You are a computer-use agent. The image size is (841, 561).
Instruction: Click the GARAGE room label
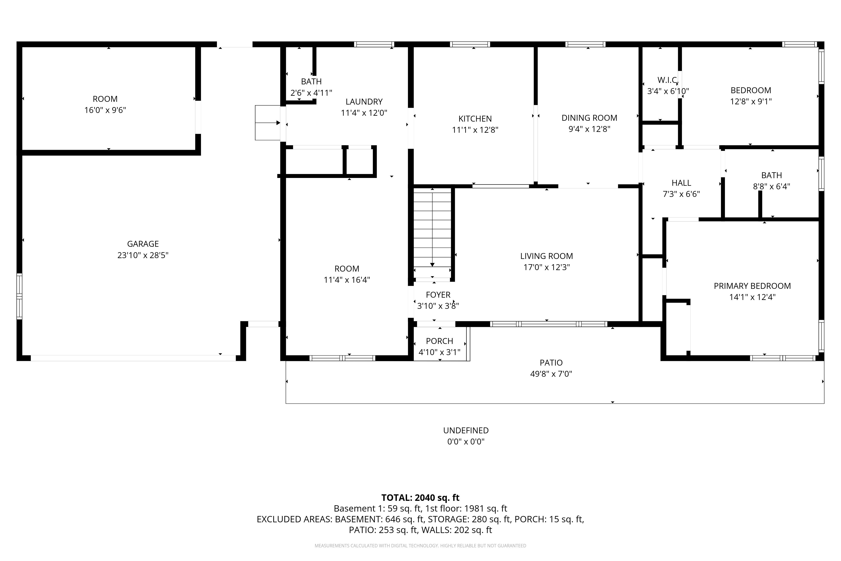tap(143, 244)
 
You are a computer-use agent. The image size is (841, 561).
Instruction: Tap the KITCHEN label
tap(475, 119)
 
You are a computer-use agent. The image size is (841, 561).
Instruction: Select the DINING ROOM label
tap(589, 118)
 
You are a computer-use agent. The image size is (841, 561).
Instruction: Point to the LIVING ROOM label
tap(546, 256)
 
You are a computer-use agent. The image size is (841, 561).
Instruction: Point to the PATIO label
tap(551, 363)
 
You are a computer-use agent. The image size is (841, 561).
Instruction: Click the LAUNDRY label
tap(364, 102)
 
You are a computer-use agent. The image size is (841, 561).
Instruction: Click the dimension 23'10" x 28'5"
tap(143, 255)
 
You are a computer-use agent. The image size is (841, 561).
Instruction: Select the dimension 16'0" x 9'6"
tap(105, 110)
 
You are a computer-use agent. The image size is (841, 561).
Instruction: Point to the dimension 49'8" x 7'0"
tap(551, 374)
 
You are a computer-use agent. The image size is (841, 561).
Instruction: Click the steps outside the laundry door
tap(267, 123)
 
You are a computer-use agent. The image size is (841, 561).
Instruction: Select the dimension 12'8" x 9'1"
tap(751, 101)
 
